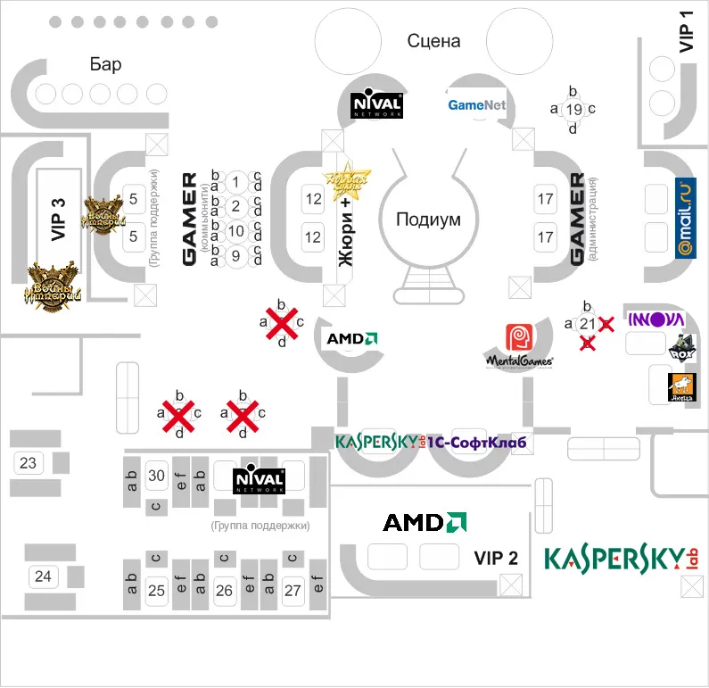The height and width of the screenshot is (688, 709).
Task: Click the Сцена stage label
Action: point(433,41)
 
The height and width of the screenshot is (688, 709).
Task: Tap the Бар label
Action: point(105,64)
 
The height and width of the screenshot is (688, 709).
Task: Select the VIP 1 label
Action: point(686,32)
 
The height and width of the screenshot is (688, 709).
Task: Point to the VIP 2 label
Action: point(496,559)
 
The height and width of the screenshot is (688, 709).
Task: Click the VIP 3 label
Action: point(59,220)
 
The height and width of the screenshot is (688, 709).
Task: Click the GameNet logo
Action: point(476,105)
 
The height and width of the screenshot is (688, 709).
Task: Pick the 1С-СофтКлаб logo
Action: point(476,443)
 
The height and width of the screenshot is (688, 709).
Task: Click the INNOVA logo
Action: point(656,319)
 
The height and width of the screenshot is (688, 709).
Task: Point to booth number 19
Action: point(573,110)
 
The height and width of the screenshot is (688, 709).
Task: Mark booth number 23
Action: point(28,462)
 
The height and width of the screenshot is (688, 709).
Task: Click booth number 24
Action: point(43,576)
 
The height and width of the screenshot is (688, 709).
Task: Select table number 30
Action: point(156,476)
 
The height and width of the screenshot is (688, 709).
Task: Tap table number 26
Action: point(224,590)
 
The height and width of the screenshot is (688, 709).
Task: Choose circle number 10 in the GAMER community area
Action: point(235,231)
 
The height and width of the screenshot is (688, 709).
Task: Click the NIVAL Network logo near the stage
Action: point(377,104)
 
